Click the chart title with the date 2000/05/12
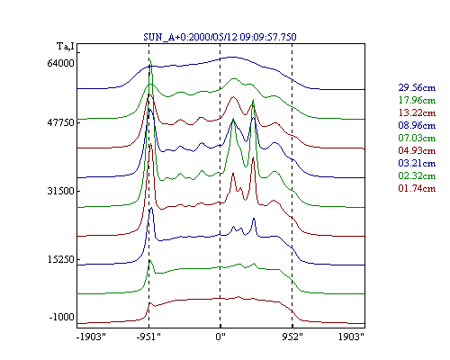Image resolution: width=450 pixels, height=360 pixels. point(220,37)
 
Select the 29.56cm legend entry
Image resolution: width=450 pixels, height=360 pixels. point(417,87)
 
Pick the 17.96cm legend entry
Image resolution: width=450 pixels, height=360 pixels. point(417,100)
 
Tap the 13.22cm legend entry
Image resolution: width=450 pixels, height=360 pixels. point(417,112)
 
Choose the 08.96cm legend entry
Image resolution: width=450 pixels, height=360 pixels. point(417,125)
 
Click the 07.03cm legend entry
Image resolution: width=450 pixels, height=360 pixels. point(417,138)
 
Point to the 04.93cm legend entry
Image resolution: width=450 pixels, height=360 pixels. point(417,150)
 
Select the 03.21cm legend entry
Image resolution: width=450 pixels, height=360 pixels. point(417,163)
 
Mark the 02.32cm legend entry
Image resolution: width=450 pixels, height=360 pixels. point(417,175)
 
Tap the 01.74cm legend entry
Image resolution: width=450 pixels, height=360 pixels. point(417,188)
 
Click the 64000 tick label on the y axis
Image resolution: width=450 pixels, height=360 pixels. point(60,64)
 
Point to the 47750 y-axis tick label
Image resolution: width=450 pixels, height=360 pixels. point(60,122)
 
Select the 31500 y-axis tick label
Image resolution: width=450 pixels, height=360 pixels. point(60,191)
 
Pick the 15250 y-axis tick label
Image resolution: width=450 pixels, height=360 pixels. point(60,259)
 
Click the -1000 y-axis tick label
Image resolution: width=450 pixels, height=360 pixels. point(61,317)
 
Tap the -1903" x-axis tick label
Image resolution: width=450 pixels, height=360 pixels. point(91,337)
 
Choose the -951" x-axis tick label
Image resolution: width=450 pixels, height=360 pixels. point(148,337)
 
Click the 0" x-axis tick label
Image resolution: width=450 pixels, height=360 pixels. point(220,337)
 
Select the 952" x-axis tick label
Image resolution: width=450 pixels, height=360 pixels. point(292,337)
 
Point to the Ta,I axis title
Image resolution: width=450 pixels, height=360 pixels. point(66,47)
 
